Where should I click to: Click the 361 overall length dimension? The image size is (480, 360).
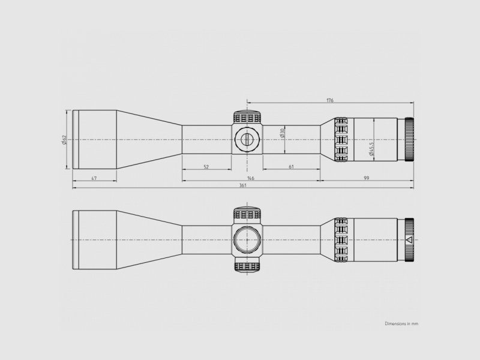243,185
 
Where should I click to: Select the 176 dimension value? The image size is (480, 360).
329,100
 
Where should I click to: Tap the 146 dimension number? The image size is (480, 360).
250,178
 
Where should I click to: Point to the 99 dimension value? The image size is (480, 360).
365,178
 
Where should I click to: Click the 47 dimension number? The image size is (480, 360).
94,178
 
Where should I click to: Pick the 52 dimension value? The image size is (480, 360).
206,167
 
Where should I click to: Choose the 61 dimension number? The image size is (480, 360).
291,167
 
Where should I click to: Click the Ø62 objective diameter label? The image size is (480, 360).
64,140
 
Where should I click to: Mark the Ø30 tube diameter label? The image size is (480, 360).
282,133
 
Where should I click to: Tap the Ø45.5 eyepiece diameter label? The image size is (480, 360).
372,149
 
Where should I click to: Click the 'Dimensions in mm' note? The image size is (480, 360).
401,323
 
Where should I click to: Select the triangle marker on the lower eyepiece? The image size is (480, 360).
409,239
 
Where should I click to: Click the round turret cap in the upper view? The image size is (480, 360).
247,139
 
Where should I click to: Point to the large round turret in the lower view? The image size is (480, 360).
247,239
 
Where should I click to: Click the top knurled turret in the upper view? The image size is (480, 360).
247,116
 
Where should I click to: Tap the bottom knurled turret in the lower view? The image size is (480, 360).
247,266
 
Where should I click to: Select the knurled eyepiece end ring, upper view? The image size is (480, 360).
410,139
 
